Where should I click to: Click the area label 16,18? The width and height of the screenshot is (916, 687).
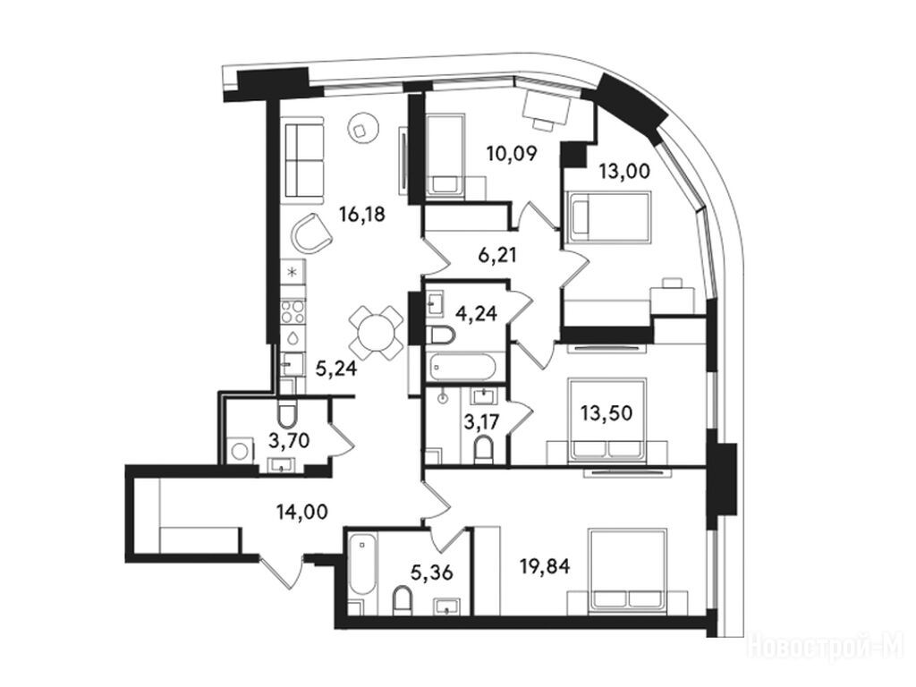(362, 215)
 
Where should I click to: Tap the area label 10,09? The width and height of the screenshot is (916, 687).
(512, 154)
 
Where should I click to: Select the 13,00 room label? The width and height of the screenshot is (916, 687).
(623, 171)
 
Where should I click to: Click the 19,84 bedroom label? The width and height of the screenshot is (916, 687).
(545, 565)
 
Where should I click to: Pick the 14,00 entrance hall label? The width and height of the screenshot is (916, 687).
(302, 512)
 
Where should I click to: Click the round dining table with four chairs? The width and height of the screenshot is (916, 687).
(377, 333)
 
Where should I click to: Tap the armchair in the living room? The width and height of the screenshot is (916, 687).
(311, 233)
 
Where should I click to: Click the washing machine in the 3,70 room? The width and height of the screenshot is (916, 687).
(240, 451)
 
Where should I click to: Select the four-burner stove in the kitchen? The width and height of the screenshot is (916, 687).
(293, 310)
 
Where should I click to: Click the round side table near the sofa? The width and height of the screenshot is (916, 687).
(363, 127)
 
